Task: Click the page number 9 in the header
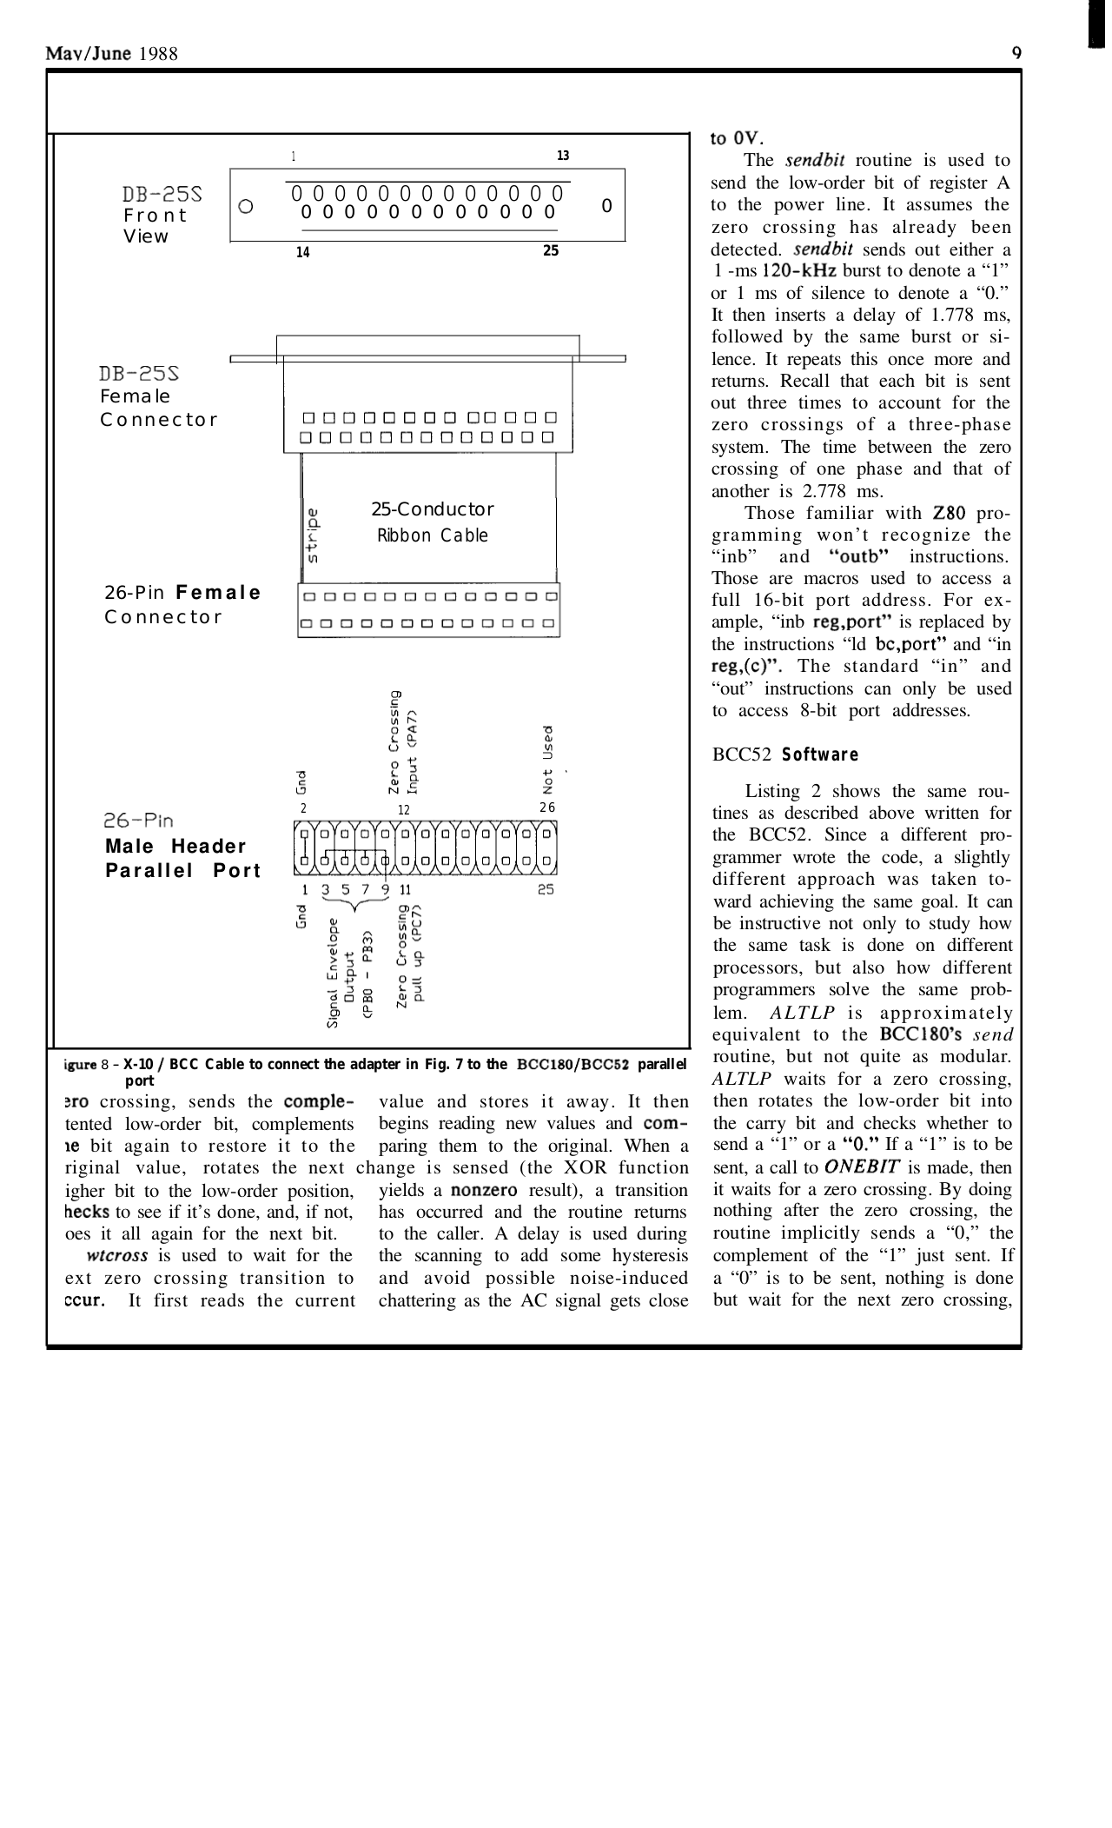pyautogui.click(x=1016, y=53)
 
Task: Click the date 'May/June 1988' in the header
pyautogui.click(x=112, y=54)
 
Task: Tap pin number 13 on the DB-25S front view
pyautogui.click(x=562, y=156)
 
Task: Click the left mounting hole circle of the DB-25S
pyautogui.click(x=246, y=207)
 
